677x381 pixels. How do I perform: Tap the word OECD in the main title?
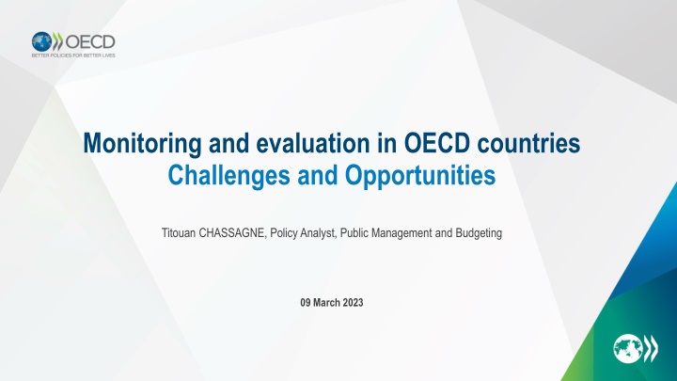(x=437, y=143)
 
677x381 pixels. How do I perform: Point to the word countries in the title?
(x=528, y=143)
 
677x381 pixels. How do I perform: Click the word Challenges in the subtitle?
(x=228, y=176)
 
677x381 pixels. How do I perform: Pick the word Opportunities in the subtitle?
(x=420, y=176)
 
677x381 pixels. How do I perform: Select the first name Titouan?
(x=179, y=233)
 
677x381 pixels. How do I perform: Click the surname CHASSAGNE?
(x=233, y=233)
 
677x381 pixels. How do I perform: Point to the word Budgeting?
(x=479, y=233)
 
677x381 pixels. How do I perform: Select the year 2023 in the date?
(x=354, y=302)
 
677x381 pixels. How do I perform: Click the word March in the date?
(x=326, y=302)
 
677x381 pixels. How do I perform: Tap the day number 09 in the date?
(x=306, y=302)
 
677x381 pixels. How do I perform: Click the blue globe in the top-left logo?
(x=42, y=41)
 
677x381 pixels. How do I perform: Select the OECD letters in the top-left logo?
(x=90, y=42)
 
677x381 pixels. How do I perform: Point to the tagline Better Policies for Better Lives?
(x=73, y=56)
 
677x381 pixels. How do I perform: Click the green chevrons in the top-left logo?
(x=57, y=41)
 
